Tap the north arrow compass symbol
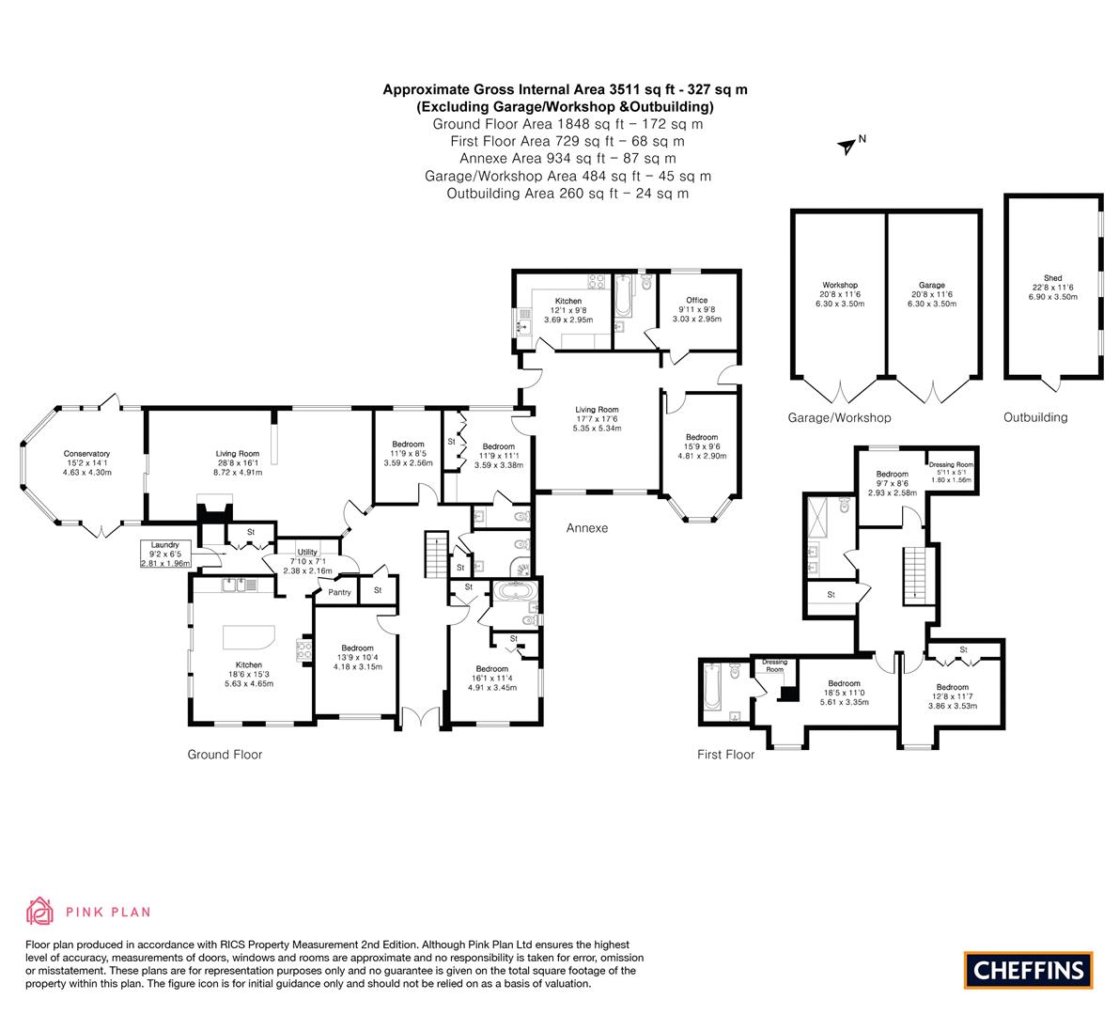click(x=847, y=147)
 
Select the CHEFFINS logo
click(x=1029, y=970)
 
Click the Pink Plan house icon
click(x=40, y=912)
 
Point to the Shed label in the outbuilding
click(x=1052, y=278)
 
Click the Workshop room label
click(x=840, y=285)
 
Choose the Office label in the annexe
click(x=697, y=301)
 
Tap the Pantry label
click(x=340, y=592)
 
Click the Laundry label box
click(x=165, y=554)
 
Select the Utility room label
click(x=307, y=552)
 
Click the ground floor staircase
click(x=436, y=554)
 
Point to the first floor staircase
click(x=914, y=574)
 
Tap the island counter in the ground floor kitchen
click(x=248, y=636)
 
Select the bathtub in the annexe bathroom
click(x=623, y=297)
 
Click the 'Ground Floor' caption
click(x=225, y=755)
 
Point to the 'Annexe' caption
click(x=587, y=528)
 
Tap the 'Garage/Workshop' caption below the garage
click(x=839, y=418)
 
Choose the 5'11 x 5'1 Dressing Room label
click(x=952, y=472)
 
